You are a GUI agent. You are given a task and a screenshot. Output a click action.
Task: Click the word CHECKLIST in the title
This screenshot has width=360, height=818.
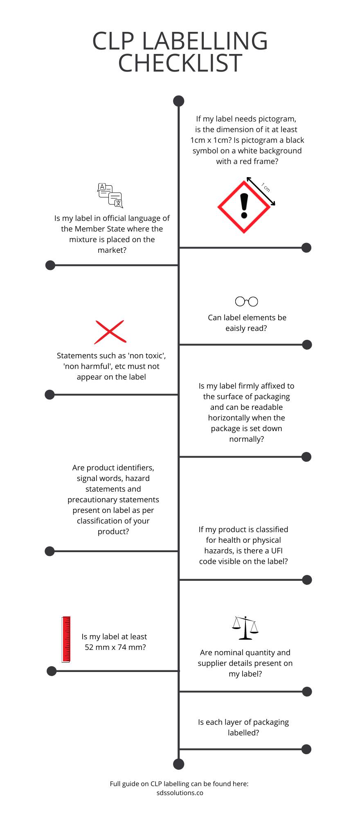click(x=180, y=63)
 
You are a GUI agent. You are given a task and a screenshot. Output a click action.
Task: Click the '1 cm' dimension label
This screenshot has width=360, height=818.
click(x=266, y=187)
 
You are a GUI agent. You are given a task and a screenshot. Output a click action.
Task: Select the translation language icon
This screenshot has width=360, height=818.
click(x=110, y=196)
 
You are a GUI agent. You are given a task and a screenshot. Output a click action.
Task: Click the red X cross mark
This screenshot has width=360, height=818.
click(x=110, y=332)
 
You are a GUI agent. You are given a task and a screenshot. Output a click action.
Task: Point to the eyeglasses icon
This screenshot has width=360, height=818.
click(x=247, y=301)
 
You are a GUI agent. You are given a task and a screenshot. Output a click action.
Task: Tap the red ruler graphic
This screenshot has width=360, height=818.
click(x=66, y=639)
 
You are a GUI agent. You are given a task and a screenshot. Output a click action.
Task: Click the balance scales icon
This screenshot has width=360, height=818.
click(x=245, y=628)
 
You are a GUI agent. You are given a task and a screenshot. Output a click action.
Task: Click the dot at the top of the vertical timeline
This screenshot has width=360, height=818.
click(x=179, y=101)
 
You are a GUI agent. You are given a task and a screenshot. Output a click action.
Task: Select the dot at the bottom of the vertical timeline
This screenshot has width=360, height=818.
click(x=179, y=764)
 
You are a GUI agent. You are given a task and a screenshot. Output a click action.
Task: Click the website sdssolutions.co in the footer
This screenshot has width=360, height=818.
click(x=180, y=793)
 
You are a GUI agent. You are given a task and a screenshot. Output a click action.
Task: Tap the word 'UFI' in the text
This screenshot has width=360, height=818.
click(x=277, y=551)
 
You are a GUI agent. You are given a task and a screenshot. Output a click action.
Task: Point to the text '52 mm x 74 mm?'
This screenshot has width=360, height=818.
click(x=115, y=647)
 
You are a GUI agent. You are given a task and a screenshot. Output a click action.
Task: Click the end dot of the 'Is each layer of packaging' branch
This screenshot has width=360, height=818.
click(x=306, y=749)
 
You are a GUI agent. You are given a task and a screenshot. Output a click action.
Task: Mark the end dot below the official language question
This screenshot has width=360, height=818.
click(x=50, y=265)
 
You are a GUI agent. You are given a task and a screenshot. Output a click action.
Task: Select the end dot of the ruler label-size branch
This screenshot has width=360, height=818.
click(x=52, y=671)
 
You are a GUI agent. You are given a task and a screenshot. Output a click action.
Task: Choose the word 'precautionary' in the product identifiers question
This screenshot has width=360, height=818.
click(x=92, y=499)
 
